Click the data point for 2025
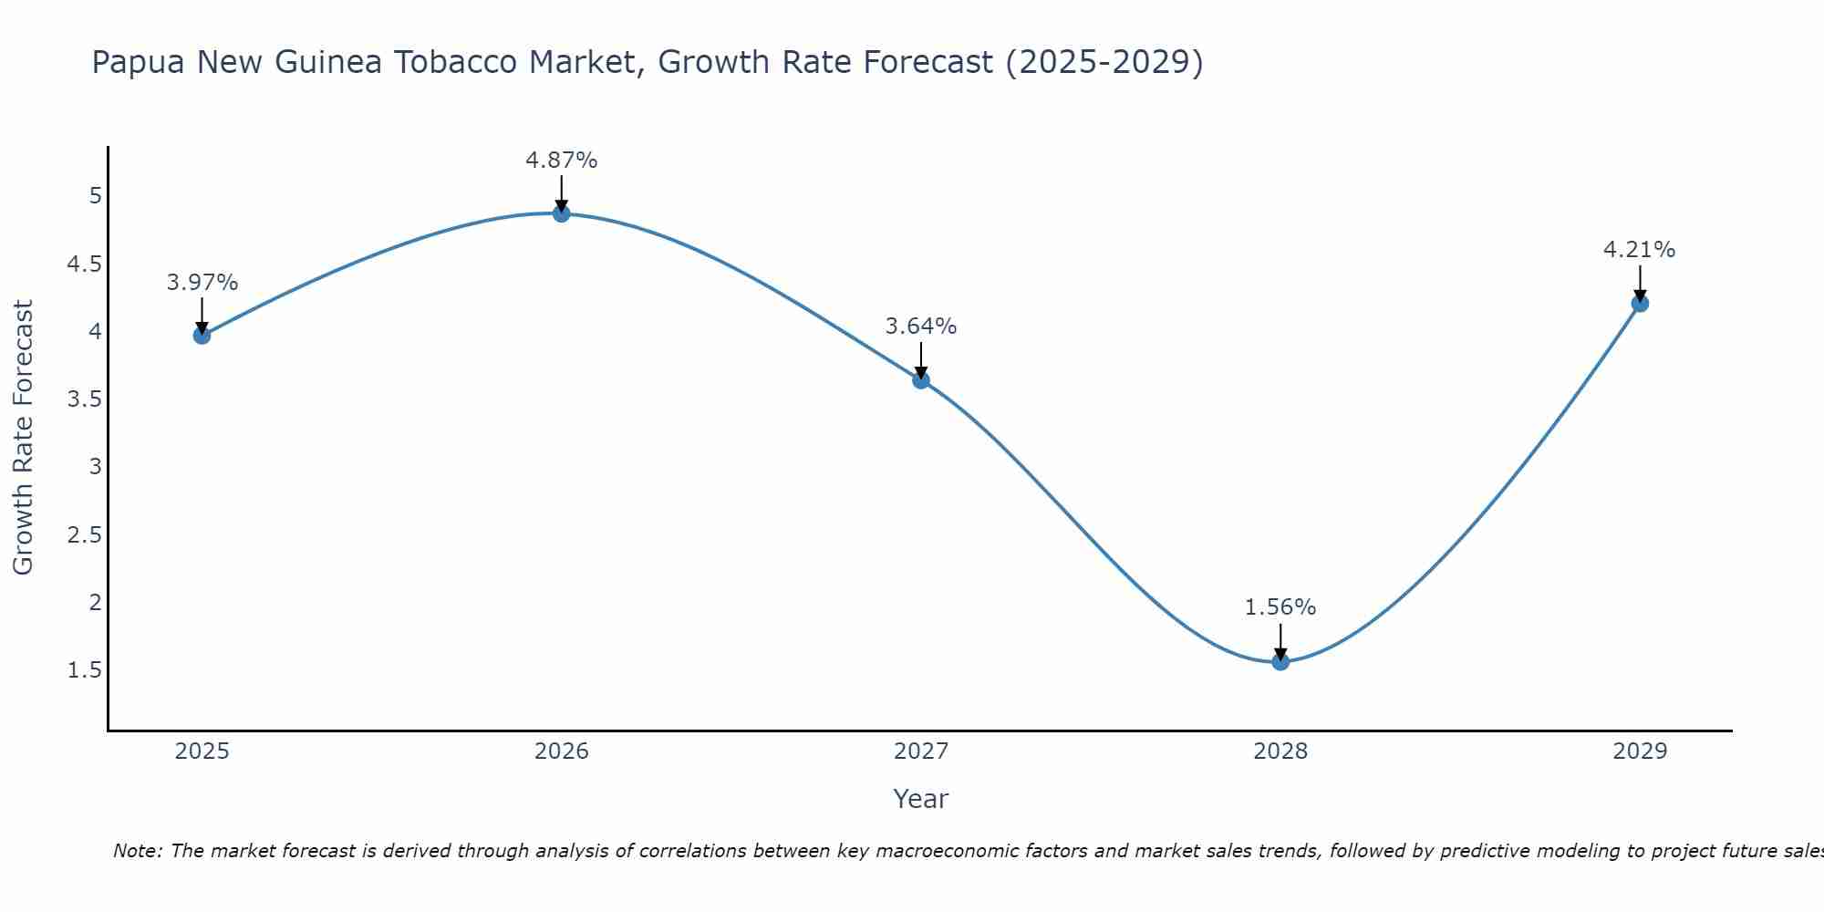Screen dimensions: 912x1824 [x=202, y=336]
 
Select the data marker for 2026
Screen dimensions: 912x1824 [x=562, y=213]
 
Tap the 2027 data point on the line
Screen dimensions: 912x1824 [x=921, y=380]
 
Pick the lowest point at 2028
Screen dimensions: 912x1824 [x=1280, y=661]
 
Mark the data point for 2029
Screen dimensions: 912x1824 [x=1640, y=303]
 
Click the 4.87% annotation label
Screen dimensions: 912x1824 [x=562, y=161]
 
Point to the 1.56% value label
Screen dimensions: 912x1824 [x=1280, y=607]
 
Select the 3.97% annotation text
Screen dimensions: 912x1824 [x=202, y=283]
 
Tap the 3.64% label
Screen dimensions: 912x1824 [x=921, y=326]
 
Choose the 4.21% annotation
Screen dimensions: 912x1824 [x=1640, y=250]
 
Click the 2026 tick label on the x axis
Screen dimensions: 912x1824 [x=562, y=751]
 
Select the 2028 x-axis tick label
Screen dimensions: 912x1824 [x=1280, y=751]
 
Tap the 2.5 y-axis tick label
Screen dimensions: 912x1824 [x=85, y=534]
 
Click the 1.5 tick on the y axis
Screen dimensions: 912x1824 [x=85, y=670]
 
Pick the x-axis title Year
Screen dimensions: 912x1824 [x=921, y=799]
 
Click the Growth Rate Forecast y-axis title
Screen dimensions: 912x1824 [x=23, y=438]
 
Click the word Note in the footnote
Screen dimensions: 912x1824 [x=137, y=851]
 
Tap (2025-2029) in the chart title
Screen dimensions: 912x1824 [x=1104, y=62]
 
